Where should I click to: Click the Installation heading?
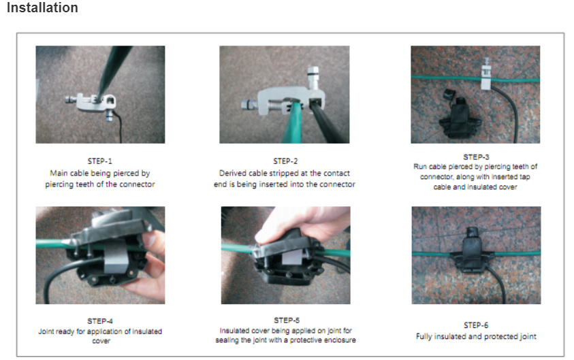click(x=42, y=7)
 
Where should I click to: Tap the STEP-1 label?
click(x=100, y=161)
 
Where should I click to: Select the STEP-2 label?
click(x=285, y=161)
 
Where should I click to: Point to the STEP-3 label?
click(x=476, y=157)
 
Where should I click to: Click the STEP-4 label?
click(x=100, y=321)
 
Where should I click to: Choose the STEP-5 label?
click(x=287, y=320)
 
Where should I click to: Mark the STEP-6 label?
click(x=476, y=325)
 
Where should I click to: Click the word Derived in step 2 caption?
click(x=232, y=173)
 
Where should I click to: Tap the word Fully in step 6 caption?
click(x=424, y=336)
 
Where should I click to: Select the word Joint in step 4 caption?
click(x=46, y=331)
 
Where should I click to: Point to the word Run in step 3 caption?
click(x=420, y=167)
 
